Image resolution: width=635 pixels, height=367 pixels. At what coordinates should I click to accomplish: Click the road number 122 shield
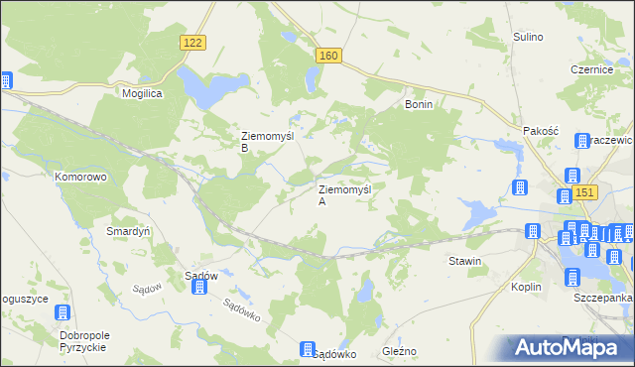(x=194, y=41)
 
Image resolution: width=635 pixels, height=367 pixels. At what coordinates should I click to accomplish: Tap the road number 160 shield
(x=329, y=56)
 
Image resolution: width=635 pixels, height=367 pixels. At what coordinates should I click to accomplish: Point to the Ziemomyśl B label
(x=264, y=142)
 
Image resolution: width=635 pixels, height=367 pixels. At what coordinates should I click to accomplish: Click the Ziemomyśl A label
(x=344, y=194)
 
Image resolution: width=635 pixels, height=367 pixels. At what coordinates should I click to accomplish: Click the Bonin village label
(x=420, y=103)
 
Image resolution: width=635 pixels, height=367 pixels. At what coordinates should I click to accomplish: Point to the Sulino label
(x=528, y=37)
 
